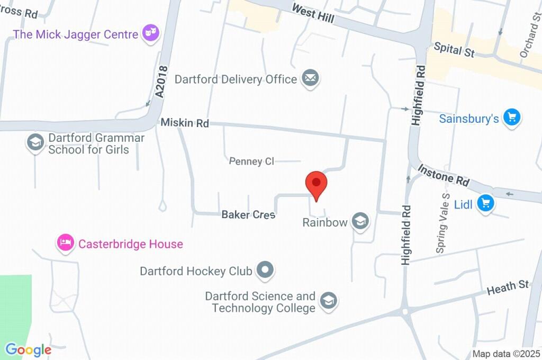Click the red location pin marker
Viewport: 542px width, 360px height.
pyautogui.click(x=316, y=184)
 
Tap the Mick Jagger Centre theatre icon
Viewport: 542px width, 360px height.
pyautogui.click(x=151, y=33)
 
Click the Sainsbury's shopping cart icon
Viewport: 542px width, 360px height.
pyautogui.click(x=511, y=118)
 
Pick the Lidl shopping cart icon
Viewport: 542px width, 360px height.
pyautogui.click(x=485, y=203)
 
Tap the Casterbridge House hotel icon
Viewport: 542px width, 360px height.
pyautogui.click(x=66, y=244)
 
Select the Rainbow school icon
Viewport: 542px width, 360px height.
pyautogui.click(x=360, y=221)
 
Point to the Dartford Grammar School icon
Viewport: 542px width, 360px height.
pyautogui.click(x=35, y=142)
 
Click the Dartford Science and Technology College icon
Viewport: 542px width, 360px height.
pyautogui.click(x=329, y=301)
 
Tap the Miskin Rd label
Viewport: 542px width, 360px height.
pyautogui.click(x=185, y=123)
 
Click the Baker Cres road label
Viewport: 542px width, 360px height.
pyautogui.click(x=248, y=214)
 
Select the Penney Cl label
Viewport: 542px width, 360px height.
pyautogui.click(x=251, y=161)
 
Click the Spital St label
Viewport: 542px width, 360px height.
pyautogui.click(x=454, y=50)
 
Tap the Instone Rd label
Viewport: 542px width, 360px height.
pyautogui.click(x=444, y=175)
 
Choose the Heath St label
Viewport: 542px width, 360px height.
pyautogui.click(x=508, y=287)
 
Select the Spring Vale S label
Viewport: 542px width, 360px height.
pyautogui.click(x=442, y=222)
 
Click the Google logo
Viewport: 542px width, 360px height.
pyautogui.click(x=28, y=350)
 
